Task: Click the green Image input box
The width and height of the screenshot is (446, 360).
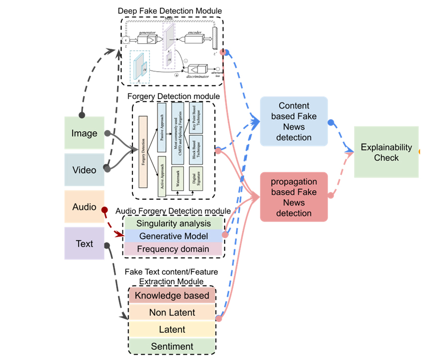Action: click(84, 133)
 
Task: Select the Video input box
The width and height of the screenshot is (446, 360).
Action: click(84, 170)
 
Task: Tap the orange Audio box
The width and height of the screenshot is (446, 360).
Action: click(84, 206)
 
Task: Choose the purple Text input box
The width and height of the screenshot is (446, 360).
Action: click(84, 243)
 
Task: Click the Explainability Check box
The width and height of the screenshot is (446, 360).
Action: click(386, 152)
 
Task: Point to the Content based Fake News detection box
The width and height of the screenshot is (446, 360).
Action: click(294, 121)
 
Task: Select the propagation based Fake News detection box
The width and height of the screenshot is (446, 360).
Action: click(294, 197)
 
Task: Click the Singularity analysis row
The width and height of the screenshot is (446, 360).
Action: click(173, 224)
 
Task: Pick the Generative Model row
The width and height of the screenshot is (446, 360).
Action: click(173, 236)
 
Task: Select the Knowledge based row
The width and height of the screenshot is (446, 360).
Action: click(172, 296)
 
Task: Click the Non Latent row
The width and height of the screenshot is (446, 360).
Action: click(172, 313)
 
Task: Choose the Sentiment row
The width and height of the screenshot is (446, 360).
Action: click(172, 346)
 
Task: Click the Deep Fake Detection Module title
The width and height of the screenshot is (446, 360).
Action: click(170, 10)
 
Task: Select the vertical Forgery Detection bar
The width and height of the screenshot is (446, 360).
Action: click(143, 151)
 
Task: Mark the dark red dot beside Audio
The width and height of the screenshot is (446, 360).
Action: click(105, 210)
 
